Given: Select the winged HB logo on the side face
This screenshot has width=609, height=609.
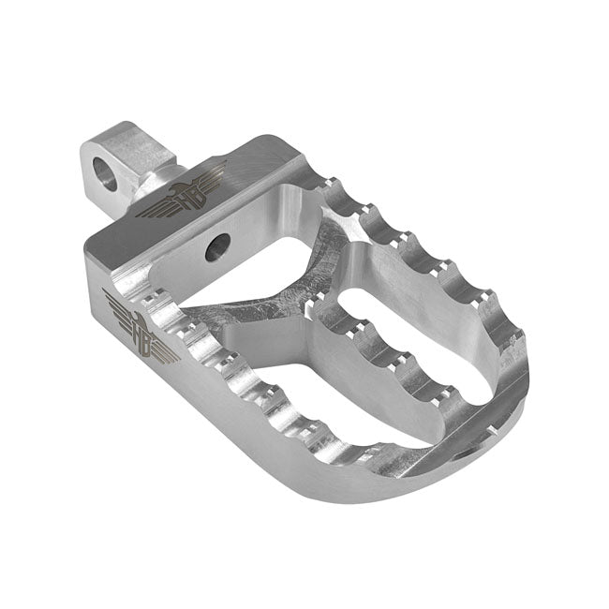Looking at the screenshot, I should point(141,329).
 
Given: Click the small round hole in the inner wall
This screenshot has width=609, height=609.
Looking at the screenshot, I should point(217,247).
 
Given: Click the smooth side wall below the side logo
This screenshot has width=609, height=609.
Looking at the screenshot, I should point(187,412).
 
